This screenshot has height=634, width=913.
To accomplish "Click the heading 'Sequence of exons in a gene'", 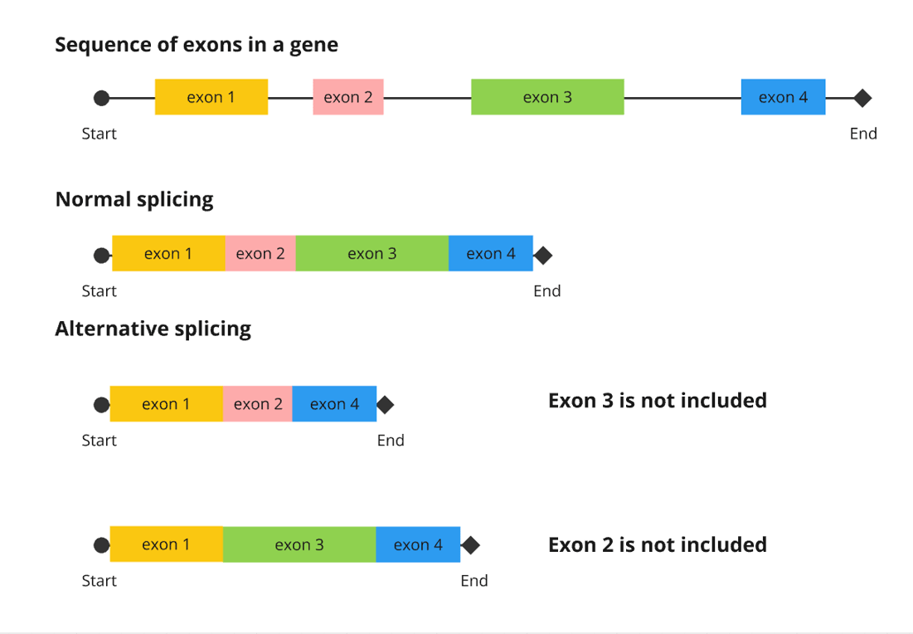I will [x=197, y=45].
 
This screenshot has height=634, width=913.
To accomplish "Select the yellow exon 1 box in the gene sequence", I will [x=211, y=97].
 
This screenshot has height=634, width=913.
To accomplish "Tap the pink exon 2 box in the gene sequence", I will [x=347, y=97].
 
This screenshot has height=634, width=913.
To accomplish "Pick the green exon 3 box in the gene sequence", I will [x=547, y=97].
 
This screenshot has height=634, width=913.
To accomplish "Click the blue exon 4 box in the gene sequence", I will [x=783, y=97].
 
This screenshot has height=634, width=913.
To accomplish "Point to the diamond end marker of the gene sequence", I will [x=862, y=98].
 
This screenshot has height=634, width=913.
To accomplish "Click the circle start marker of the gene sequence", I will [x=101, y=98].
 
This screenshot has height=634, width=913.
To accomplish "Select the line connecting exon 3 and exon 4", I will [x=682, y=98].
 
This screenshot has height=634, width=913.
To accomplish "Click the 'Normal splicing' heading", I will [x=134, y=200].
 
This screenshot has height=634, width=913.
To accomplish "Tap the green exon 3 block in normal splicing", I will [x=372, y=254].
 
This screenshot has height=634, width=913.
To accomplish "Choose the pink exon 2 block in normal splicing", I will [x=260, y=254].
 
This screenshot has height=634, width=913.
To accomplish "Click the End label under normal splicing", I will [x=547, y=291].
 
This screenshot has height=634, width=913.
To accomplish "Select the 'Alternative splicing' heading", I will [x=153, y=329].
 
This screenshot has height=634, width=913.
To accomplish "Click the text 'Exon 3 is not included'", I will [x=657, y=401].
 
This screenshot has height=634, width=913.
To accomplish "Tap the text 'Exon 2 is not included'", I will [x=657, y=545].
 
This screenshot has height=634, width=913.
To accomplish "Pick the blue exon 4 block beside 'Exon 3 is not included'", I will [x=334, y=404].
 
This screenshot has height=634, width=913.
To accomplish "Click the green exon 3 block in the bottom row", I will [x=299, y=545].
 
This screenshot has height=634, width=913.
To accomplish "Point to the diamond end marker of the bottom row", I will [x=471, y=545].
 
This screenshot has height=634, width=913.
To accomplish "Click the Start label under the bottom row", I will [x=99, y=581].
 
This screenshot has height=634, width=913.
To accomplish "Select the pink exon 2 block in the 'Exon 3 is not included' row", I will [x=258, y=404].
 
